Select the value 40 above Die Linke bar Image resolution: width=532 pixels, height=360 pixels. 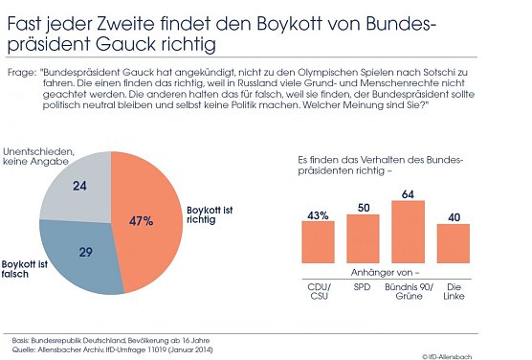[x=454, y=215]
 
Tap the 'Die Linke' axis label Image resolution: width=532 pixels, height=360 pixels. [x=454, y=292]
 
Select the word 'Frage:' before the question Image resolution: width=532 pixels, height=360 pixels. [x=21, y=72]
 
